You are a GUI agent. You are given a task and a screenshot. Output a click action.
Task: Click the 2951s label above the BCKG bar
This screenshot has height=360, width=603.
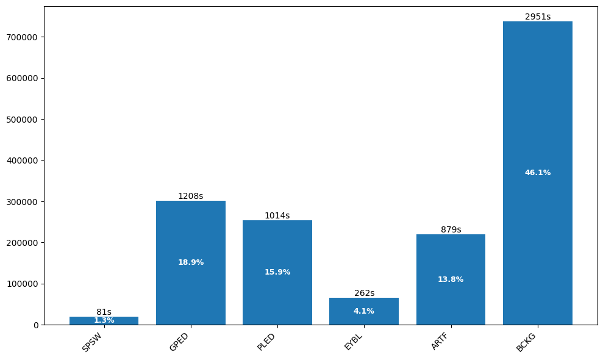(537, 17)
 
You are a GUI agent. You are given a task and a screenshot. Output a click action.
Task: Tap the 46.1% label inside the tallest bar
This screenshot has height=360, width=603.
(537, 173)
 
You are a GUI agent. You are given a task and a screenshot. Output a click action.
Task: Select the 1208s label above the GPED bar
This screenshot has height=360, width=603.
(190, 196)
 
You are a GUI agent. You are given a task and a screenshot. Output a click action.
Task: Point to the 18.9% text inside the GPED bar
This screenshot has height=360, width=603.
(190, 262)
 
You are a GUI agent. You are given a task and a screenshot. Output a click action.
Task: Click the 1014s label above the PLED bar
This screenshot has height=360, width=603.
(277, 216)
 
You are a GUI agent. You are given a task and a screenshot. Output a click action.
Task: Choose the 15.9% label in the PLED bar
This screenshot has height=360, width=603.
(277, 272)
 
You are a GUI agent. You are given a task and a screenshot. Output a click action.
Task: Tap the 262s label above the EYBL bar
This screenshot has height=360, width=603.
(364, 293)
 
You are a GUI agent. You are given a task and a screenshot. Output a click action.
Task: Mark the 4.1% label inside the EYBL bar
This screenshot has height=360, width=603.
(364, 311)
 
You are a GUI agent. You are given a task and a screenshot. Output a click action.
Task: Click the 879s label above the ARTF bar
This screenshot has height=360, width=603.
(451, 230)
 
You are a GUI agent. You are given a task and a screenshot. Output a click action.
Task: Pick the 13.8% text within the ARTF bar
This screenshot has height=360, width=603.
(451, 279)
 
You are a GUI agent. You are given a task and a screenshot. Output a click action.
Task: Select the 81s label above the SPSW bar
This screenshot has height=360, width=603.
(104, 312)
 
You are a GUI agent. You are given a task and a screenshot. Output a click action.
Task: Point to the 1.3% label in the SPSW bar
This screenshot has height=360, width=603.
(104, 320)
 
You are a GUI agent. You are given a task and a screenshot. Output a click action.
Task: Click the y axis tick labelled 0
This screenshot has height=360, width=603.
(35, 325)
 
